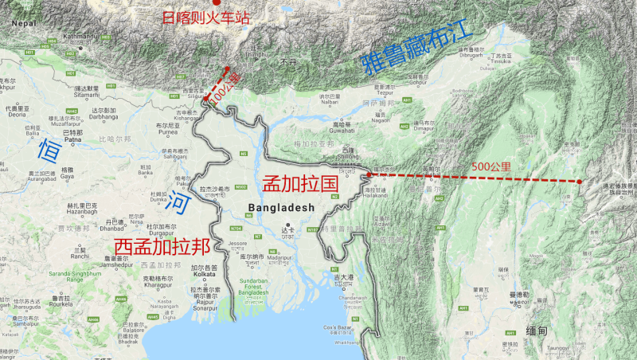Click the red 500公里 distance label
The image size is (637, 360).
coord(490,168)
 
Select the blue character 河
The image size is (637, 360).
coord(180,203)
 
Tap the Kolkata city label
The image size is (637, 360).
coord(204,274)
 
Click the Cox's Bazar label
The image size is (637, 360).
coord(342,328)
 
